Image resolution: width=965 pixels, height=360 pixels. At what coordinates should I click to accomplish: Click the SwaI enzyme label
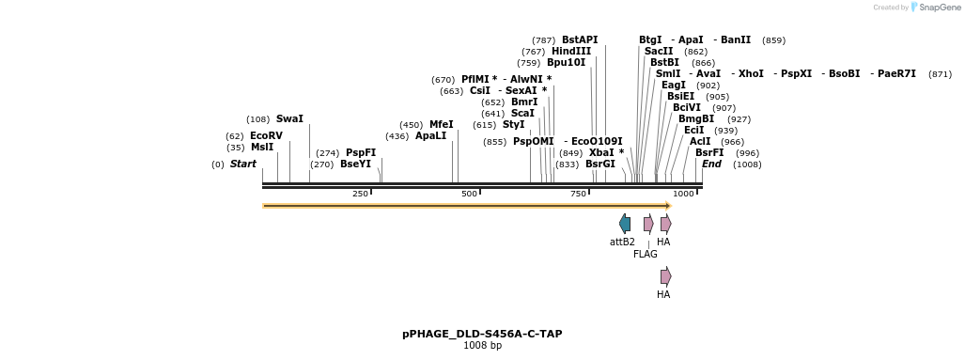[x=289, y=119]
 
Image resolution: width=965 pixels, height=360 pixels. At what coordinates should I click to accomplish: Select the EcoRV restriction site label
[x=266, y=136]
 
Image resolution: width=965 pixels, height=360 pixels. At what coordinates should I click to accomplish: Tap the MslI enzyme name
[x=262, y=148]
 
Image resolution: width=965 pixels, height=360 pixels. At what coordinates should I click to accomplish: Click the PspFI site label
[x=361, y=153]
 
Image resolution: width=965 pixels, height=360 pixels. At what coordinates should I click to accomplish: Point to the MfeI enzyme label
[x=442, y=125]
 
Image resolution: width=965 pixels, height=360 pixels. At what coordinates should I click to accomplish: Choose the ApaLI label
[x=431, y=136]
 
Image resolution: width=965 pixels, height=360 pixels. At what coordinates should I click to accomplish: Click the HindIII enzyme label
[x=571, y=52]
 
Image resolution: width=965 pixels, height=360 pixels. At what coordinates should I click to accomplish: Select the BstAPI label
[x=580, y=40]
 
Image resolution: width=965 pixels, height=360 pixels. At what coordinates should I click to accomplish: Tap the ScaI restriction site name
[x=522, y=114]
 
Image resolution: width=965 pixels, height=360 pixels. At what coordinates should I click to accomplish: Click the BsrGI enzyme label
[x=600, y=164]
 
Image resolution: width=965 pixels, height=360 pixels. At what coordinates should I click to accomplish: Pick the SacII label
[x=659, y=52]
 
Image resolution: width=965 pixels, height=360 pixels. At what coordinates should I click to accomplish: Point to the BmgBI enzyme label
[x=696, y=119]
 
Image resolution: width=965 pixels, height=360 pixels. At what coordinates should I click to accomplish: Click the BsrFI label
[x=709, y=153]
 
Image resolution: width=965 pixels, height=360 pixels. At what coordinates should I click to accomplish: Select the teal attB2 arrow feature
[x=625, y=224]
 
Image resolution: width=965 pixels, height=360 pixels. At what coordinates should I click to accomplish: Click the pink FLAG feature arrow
[x=648, y=224]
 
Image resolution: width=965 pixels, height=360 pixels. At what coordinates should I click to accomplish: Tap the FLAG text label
[x=646, y=255]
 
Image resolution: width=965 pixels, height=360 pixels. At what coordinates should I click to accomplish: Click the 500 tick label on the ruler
[x=469, y=194]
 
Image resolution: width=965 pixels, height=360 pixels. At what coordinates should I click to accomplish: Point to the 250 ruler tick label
[x=360, y=194]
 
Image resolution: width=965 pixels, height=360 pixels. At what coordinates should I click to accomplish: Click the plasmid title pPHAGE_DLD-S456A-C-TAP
[x=482, y=334]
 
